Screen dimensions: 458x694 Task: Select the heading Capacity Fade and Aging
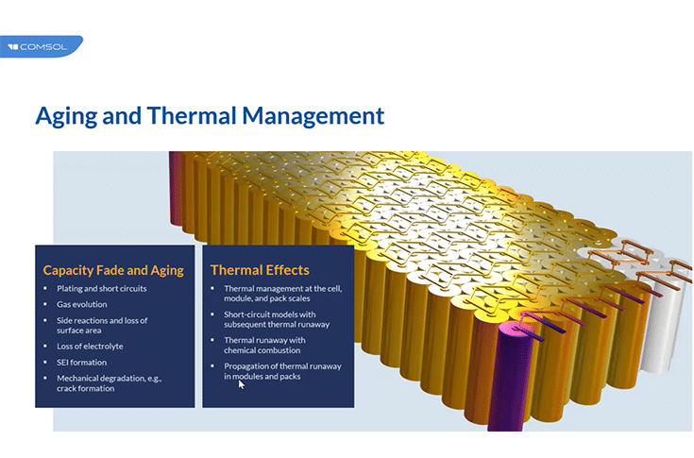[x=113, y=270]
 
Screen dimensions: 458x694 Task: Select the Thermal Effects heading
[x=260, y=270]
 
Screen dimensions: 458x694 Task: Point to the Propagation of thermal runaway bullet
[x=281, y=370]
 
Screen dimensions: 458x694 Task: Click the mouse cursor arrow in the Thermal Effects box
[x=242, y=384]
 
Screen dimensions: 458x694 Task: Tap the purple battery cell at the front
[x=494, y=378]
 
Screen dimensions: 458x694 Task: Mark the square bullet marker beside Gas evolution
[x=45, y=304]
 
